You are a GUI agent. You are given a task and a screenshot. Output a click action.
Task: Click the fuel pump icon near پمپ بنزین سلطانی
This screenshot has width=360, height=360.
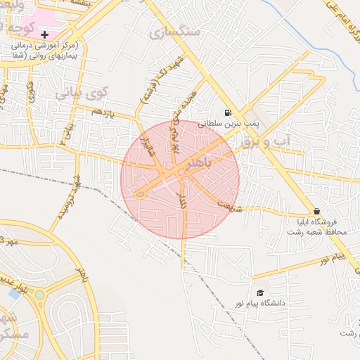click(x=227, y=112)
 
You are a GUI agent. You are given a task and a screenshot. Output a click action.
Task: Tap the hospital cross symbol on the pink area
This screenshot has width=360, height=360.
click(x=45, y=34)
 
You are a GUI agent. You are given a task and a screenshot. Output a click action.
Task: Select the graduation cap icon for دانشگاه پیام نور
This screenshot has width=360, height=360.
click(x=260, y=292)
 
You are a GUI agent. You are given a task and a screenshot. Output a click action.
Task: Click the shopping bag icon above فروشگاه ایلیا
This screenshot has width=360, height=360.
click(x=317, y=211)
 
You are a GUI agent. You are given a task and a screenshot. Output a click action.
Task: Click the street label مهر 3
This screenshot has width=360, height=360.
click(x=8, y=240)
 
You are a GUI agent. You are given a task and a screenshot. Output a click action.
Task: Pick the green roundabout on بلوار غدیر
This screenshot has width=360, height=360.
click(x=40, y=295)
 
